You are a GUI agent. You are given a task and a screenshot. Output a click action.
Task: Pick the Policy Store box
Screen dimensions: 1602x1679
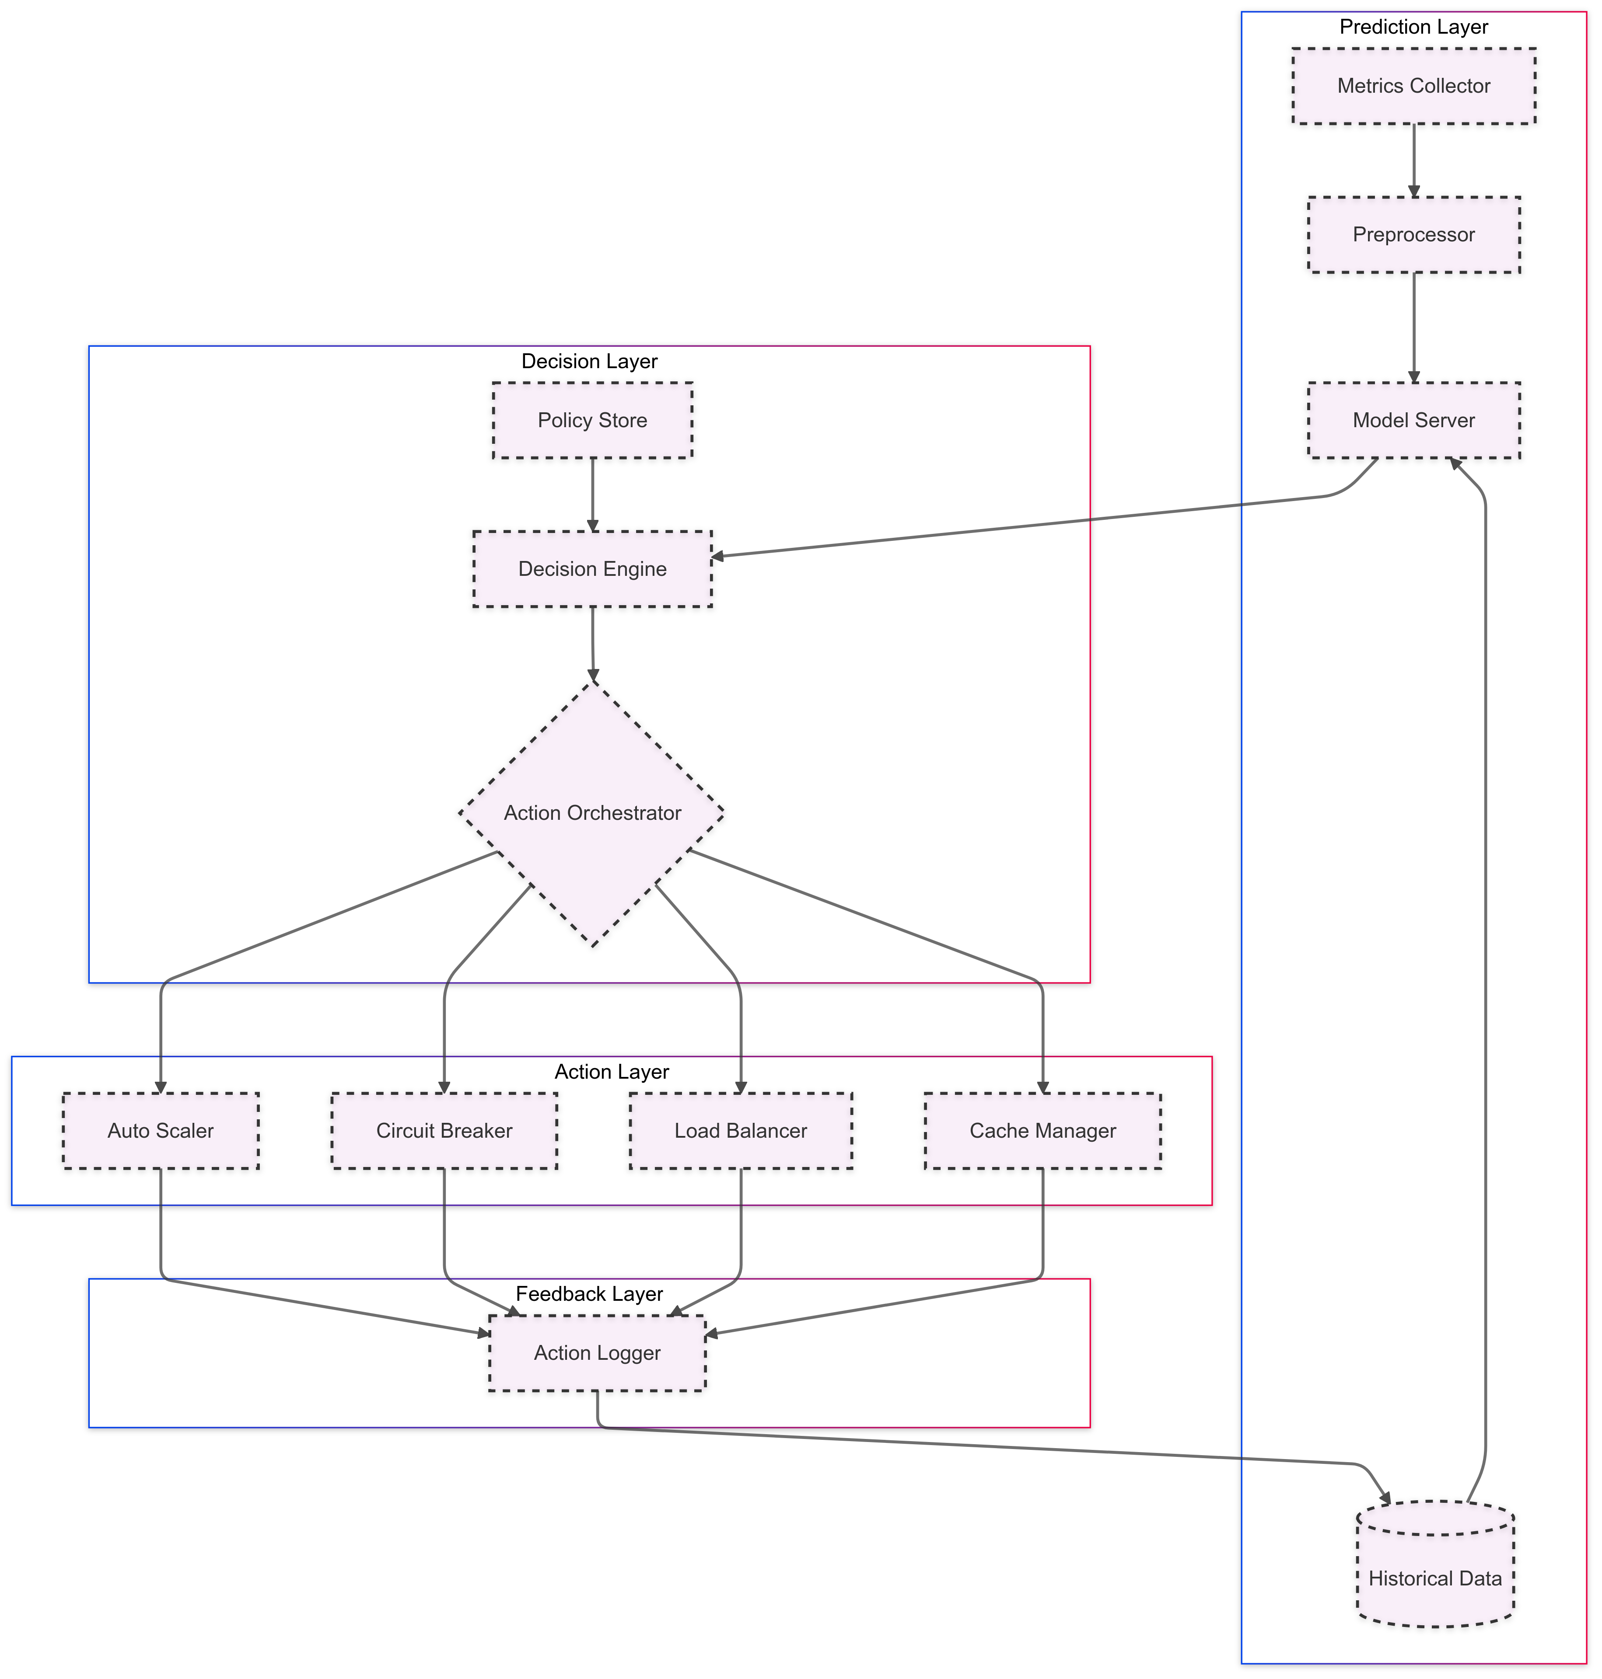(x=593, y=420)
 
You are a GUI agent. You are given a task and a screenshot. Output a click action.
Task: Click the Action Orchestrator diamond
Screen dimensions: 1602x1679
(x=593, y=813)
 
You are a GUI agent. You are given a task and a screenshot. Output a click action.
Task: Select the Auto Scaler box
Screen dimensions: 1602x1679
(x=161, y=1130)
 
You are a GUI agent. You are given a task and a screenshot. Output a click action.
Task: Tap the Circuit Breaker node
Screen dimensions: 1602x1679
(x=444, y=1130)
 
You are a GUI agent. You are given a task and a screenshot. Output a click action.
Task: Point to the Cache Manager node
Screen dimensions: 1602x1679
(x=1042, y=1130)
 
